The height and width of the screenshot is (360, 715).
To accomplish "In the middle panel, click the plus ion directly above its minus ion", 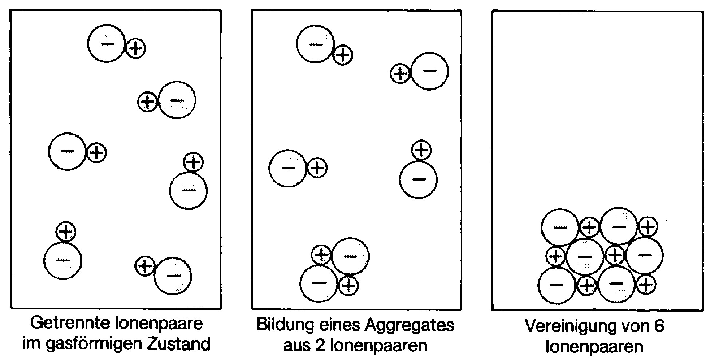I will [421, 150].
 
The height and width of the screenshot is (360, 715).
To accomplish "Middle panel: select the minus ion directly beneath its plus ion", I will [418, 179].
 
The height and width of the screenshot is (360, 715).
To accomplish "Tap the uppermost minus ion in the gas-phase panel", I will [107, 44].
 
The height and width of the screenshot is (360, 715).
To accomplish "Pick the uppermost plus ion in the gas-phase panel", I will [135, 48].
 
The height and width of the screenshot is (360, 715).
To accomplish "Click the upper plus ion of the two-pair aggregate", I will [321, 254].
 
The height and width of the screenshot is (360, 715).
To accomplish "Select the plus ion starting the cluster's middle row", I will [556, 256].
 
